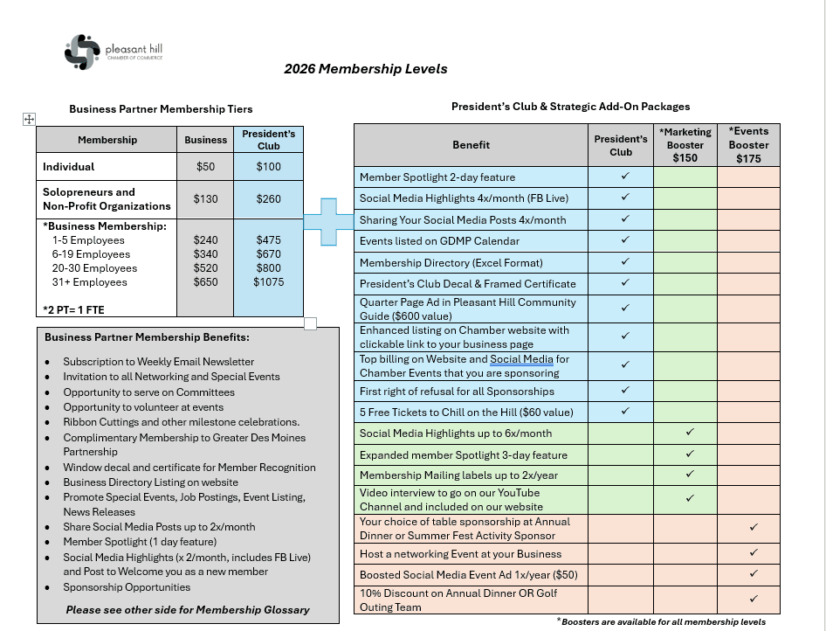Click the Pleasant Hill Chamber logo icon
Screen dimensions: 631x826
pos(83,52)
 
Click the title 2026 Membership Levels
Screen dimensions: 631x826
pos(365,70)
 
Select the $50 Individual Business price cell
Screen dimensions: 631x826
pos(206,167)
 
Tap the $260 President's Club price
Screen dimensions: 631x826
pos(268,199)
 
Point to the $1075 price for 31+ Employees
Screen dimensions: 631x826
pos(268,282)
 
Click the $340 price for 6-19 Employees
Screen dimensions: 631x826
pos(206,254)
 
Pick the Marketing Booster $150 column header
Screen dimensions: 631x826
pos(685,145)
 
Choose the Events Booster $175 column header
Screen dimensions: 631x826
pos(748,145)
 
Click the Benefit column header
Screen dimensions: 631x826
pos(471,145)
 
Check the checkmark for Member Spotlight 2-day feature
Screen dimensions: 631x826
pos(625,177)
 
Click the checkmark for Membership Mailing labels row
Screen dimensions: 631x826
pos(690,475)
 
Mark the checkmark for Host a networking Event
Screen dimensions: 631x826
pos(754,553)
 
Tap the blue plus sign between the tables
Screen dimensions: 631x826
pos(328,221)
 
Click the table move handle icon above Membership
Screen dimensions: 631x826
pos(28,119)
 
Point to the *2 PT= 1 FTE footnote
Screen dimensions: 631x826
pos(74,309)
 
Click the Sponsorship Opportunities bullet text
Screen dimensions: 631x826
pos(127,587)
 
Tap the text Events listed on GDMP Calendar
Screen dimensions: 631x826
pos(439,241)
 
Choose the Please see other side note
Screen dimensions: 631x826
pos(188,610)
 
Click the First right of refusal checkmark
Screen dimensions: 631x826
pos(625,391)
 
